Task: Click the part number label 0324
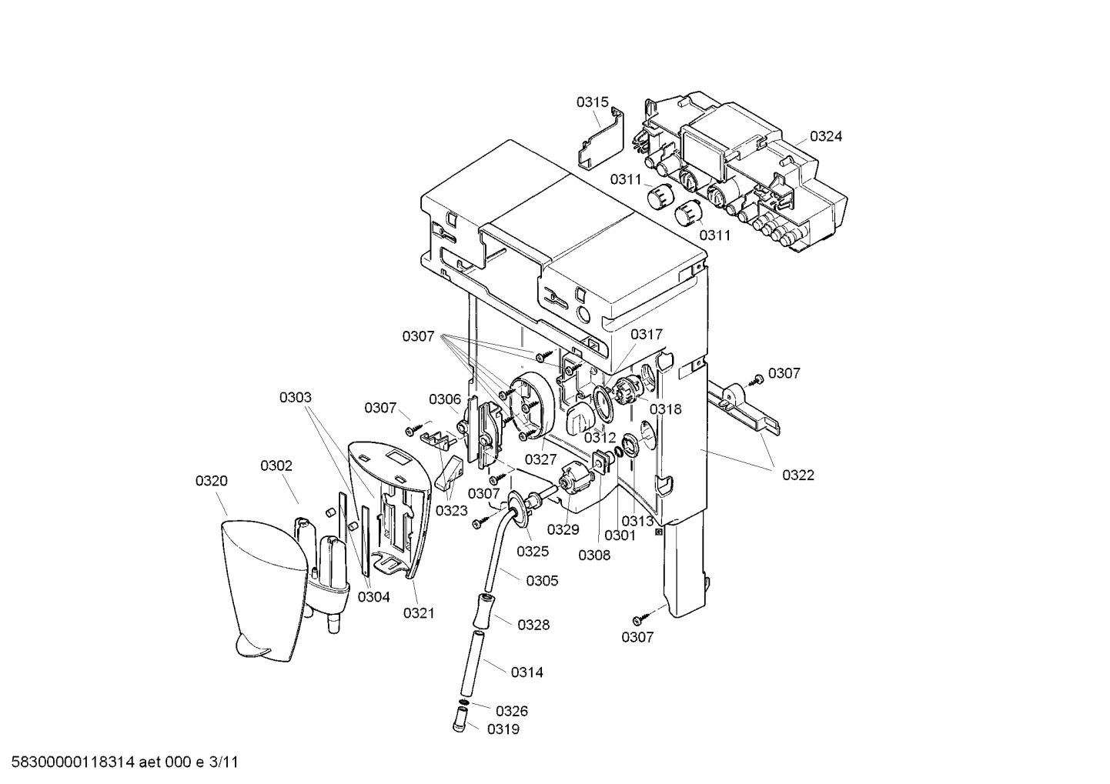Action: [x=826, y=136]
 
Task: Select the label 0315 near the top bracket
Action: [x=593, y=102]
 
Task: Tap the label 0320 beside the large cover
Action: [x=211, y=481]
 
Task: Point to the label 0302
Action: [x=276, y=465]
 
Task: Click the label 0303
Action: [x=295, y=397]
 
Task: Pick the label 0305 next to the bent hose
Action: [x=542, y=581]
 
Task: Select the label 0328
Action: [x=533, y=625]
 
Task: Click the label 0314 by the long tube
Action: [x=527, y=672]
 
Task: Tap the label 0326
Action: [x=511, y=711]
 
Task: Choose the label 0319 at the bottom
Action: [x=503, y=729]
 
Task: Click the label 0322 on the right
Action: [x=798, y=475]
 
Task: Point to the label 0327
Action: [x=541, y=459]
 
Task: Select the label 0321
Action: [x=419, y=613]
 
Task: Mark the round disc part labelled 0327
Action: [x=531, y=408]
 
